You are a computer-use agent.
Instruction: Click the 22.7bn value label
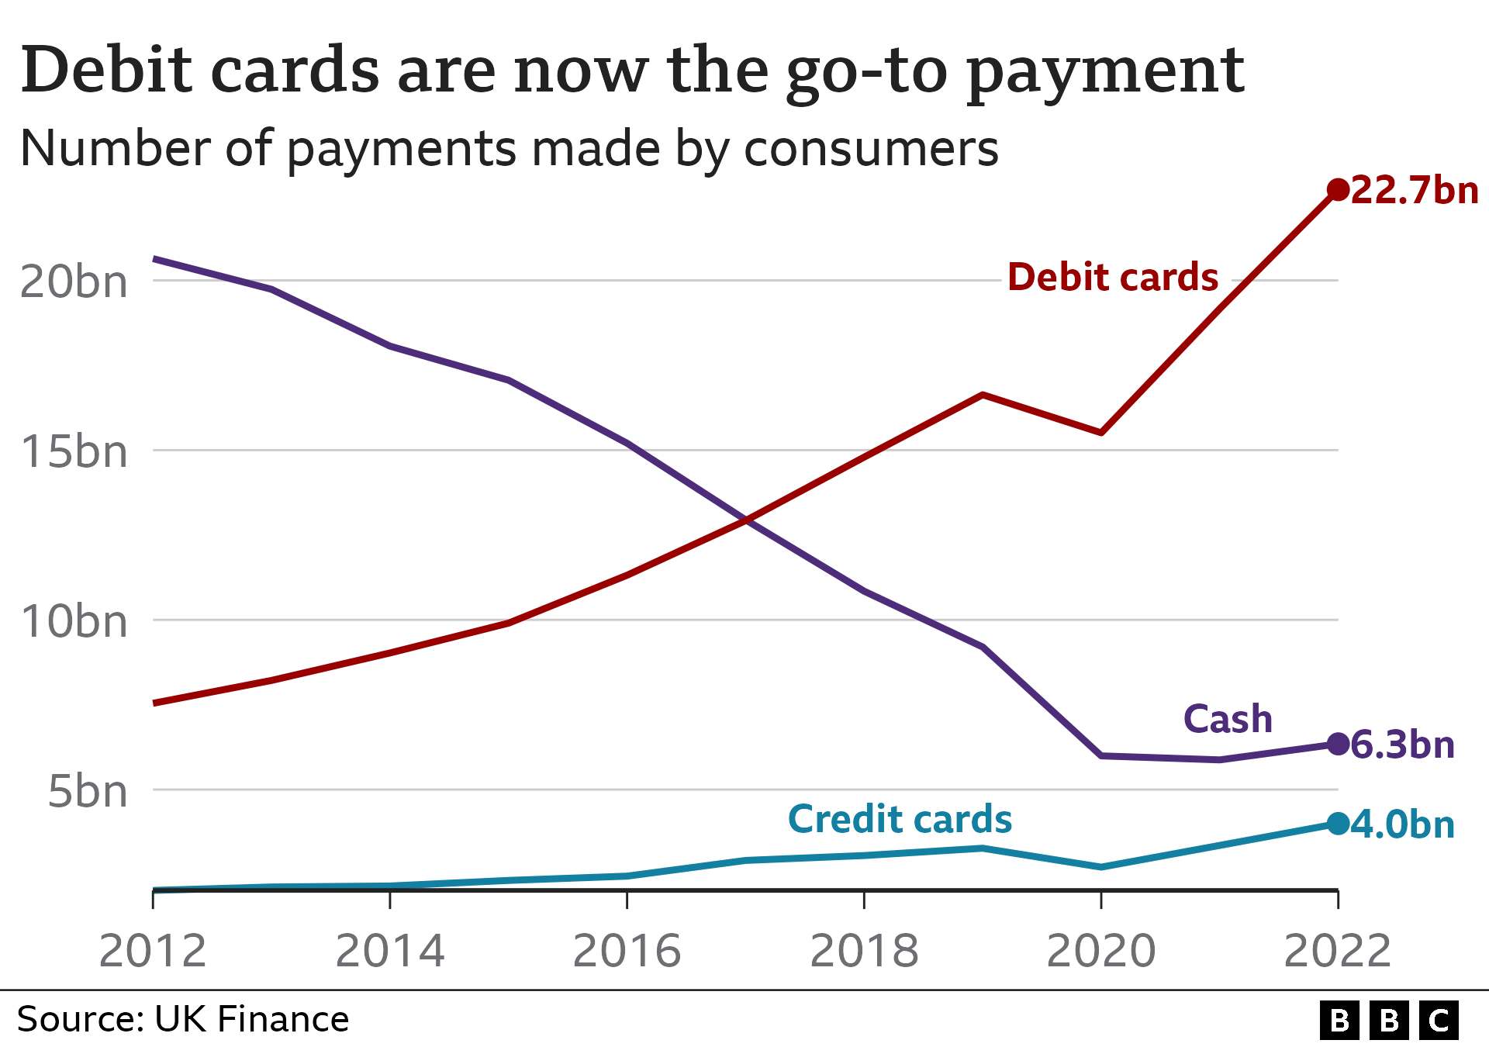[1415, 191]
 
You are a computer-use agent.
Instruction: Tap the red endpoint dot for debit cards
[1338, 189]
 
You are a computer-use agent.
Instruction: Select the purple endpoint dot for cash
[1338, 744]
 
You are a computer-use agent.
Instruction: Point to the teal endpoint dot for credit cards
[1338, 824]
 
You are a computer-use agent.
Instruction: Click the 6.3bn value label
[1402, 745]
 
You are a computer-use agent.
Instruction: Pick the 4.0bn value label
[1402, 824]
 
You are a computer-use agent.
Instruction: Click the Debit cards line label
[1113, 277]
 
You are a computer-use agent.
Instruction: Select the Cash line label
[1228, 719]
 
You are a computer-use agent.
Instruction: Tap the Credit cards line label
[900, 819]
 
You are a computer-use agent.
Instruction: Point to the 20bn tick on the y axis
[74, 282]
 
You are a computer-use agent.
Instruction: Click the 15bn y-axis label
[74, 451]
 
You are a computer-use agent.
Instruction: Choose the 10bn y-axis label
[74, 621]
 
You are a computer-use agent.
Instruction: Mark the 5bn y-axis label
[87, 791]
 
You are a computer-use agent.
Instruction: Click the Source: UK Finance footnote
[183, 1019]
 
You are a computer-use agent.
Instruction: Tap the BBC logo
[1389, 1020]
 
